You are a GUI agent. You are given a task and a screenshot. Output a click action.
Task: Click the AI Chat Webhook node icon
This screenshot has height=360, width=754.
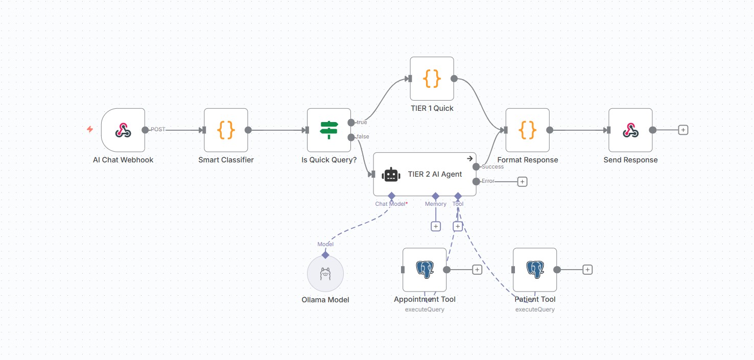[x=123, y=130]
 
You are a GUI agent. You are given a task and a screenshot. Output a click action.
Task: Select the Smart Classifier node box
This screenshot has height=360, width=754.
[x=226, y=130]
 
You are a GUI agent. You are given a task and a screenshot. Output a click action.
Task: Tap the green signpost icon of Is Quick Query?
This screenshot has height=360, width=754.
[x=329, y=130]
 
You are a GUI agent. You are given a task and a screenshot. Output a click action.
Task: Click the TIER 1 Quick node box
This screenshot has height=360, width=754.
[x=432, y=79]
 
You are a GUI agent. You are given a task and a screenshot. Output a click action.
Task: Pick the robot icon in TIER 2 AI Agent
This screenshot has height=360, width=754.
[x=391, y=175]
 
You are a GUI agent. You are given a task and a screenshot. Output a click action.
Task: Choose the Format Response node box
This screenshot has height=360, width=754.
[x=527, y=130]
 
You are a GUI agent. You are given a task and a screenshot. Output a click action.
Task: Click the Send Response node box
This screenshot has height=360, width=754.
[x=630, y=130]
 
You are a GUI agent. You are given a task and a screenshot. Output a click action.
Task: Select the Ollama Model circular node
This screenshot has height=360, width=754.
[x=325, y=274]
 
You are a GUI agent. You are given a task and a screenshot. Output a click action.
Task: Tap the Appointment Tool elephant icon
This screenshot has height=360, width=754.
[x=425, y=270]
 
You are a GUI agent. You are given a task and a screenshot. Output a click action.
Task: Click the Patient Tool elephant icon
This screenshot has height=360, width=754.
[x=535, y=270]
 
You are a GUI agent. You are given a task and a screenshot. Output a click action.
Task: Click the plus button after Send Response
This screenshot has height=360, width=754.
[x=683, y=130]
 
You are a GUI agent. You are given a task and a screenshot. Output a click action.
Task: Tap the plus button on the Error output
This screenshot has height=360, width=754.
[x=522, y=181]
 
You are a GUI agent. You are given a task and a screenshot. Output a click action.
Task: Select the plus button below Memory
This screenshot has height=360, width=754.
[x=436, y=226]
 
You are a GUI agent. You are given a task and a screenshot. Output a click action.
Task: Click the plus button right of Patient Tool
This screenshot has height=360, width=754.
[x=587, y=270]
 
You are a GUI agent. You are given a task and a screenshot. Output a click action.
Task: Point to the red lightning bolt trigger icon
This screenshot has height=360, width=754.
[x=90, y=130]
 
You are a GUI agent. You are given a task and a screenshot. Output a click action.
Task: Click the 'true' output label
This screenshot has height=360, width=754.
[x=362, y=123]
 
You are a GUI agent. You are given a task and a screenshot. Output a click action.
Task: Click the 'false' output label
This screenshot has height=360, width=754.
[x=363, y=137]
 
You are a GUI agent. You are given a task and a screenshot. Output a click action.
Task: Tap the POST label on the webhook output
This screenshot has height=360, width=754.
[x=158, y=130]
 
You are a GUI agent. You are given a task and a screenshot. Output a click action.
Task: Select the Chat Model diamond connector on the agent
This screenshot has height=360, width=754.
[x=392, y=196]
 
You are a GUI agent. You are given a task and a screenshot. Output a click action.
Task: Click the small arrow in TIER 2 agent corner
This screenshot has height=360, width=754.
[x=470, y=159]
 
